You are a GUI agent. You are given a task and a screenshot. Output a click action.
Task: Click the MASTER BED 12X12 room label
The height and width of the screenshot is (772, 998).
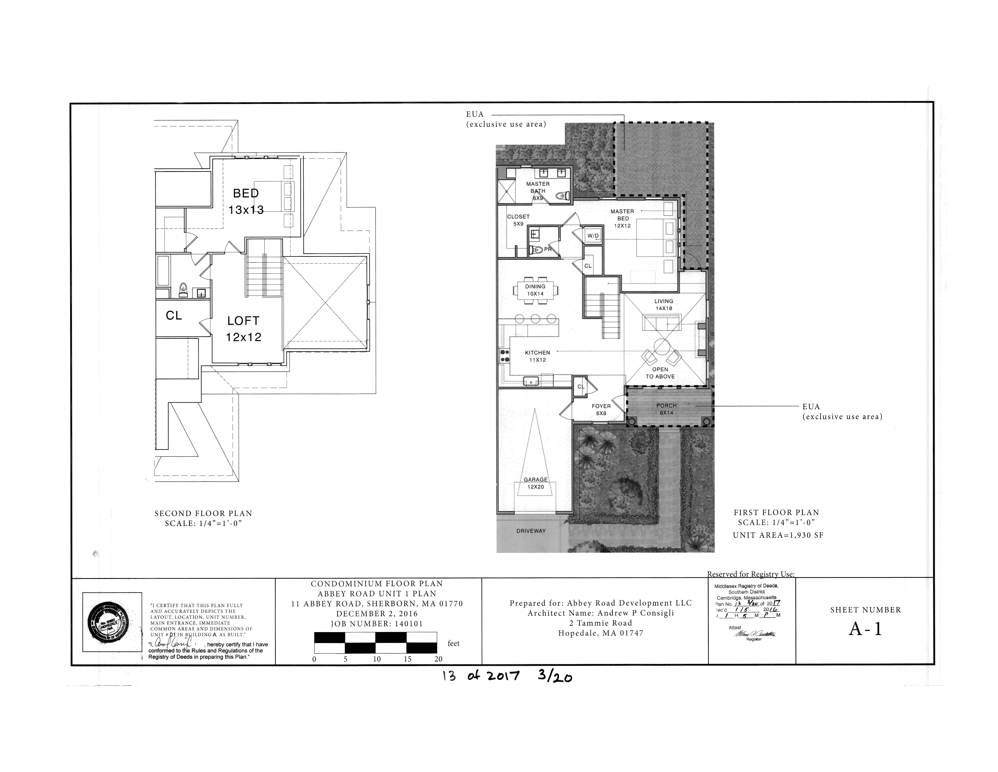(x=622, y=218)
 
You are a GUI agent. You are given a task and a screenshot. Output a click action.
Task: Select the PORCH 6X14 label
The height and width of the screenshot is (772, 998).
(x=666, y=409)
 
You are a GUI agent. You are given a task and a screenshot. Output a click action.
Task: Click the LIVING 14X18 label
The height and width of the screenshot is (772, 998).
(x=664, y=305)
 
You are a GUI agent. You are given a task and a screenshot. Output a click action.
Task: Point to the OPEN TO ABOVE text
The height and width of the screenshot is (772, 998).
(x=660, y=373)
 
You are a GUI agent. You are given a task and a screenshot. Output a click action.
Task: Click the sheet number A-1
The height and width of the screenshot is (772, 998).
(x=865, y=629)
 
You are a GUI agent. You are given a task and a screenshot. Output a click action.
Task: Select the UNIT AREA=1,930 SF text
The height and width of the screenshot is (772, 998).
(x=778, y=535)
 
